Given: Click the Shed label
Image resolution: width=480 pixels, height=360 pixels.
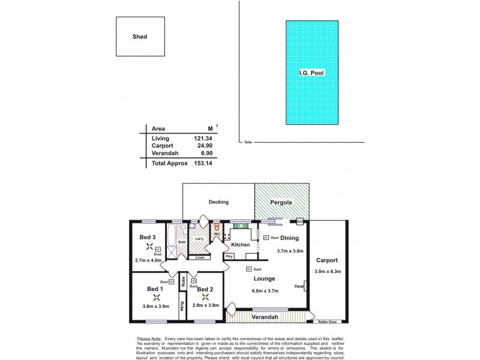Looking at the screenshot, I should click(139, 37).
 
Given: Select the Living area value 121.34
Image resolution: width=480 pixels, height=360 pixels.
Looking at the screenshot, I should click(202, 138).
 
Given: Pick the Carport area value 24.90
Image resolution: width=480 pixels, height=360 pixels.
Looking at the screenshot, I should click(202, 146).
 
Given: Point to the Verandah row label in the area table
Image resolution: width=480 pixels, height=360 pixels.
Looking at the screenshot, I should click(164, 154).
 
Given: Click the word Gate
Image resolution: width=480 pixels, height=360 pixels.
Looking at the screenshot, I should click(248, 142).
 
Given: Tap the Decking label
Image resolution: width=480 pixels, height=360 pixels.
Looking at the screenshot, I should click(218, 202).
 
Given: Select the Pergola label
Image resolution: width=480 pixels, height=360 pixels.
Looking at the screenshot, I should click(281, 202).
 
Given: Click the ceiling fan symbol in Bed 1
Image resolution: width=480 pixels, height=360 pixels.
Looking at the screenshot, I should click(156, 296).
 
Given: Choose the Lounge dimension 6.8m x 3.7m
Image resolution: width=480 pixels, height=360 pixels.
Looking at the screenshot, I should click(264, 291).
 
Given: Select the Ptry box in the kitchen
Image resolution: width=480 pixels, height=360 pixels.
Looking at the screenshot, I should click(229, 256).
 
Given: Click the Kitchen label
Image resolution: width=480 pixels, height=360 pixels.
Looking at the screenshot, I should click(241, 245).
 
